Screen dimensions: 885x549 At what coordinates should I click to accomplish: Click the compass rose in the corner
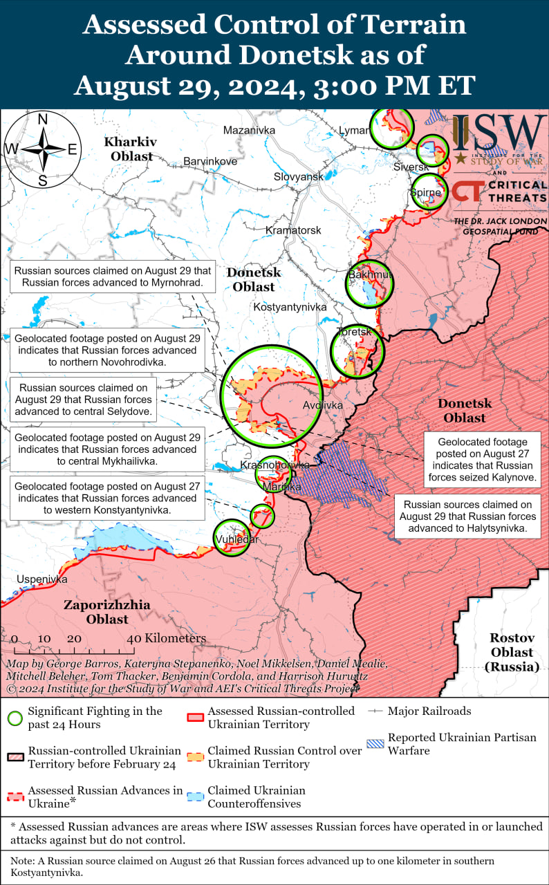click(42, 149)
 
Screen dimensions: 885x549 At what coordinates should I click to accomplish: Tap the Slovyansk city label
click(298, 176)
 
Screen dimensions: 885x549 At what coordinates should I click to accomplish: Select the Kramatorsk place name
click(294, 230)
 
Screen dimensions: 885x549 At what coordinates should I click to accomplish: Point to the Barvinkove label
click(210, 161)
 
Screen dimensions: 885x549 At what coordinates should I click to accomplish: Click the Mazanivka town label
click(249, 130)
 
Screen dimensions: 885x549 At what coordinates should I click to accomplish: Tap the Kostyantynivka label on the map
click(290, 306)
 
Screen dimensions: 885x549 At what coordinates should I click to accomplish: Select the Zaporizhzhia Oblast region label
click(107, 612)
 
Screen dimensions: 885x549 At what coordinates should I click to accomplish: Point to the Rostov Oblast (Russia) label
click(511, 652)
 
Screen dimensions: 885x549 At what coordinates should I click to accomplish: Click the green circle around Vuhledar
click(231, 537)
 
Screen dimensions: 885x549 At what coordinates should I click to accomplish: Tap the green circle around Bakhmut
click(369, 283)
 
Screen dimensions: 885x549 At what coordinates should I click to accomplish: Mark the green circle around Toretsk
click(357, 351)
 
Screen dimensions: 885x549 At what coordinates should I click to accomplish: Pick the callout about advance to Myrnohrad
click(113, 277)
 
